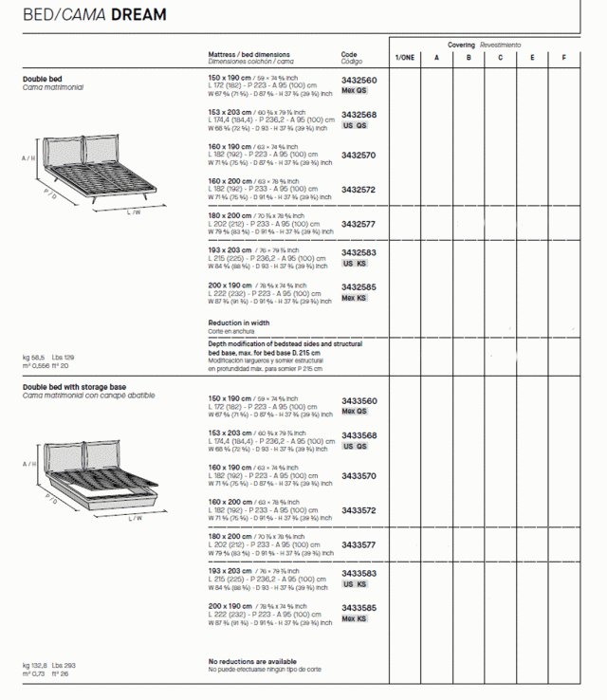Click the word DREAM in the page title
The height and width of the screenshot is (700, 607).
138,15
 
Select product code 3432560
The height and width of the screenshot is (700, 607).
359,81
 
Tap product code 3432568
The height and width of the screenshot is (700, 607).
359,115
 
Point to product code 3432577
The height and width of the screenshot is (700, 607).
359,225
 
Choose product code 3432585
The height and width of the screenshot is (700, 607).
359,287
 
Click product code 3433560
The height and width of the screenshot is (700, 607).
359,401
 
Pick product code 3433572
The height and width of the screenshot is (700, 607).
359,510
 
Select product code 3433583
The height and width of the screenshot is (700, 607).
359,574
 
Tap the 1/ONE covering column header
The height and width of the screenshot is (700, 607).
405,58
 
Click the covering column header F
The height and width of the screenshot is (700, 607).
564,58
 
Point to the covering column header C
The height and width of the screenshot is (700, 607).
501,58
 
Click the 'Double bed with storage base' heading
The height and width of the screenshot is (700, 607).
74,387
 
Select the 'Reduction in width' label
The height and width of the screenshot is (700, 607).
238,322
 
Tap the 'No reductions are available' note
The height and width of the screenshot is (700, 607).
251,661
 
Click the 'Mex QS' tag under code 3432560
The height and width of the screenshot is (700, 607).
355,91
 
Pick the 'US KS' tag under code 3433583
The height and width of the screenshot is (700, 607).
355,584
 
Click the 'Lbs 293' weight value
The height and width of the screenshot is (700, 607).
64,666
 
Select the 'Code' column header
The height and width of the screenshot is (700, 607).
349,55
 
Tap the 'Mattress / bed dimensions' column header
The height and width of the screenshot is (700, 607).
248,55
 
